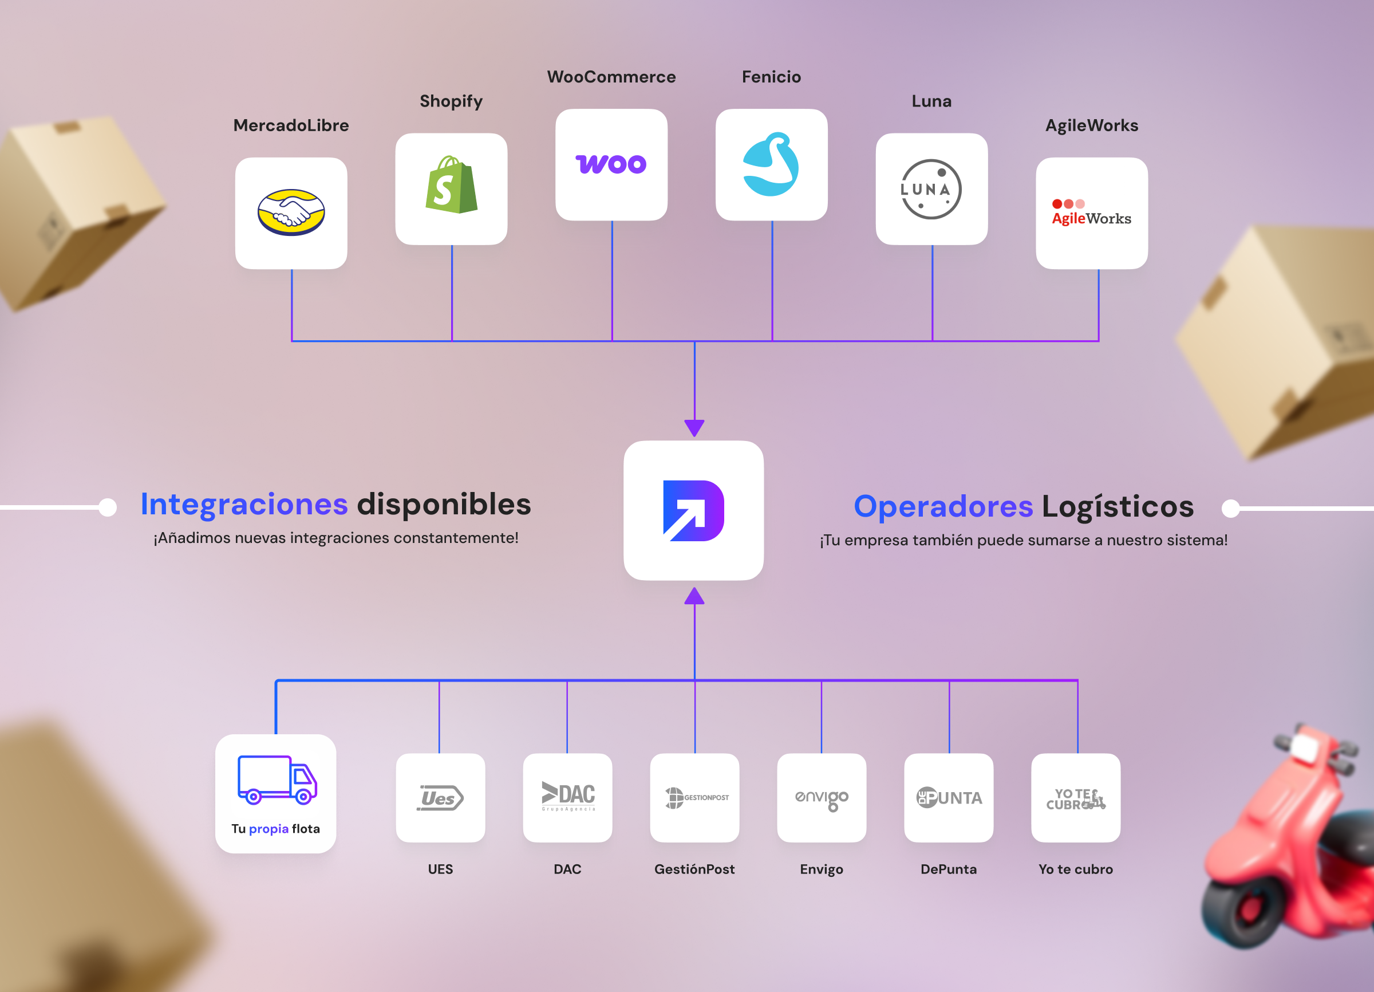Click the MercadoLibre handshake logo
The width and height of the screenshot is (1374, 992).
tap(291, 212)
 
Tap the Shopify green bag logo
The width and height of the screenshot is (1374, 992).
tap(451, 186)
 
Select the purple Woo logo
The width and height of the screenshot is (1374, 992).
tap(611, 164)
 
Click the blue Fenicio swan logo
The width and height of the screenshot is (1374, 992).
tap(771, 164)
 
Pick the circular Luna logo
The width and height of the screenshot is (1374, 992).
tap(931, 189)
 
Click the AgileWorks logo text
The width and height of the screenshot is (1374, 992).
tap(1091, 218)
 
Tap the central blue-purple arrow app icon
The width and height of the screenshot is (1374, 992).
tap(694, 510)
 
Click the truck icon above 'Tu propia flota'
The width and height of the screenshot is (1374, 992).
tap(277, 780)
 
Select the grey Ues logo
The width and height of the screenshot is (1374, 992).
tap(440, 797)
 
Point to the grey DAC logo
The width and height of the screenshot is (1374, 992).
tap(568, 795)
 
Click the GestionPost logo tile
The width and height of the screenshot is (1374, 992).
tap(695, 797)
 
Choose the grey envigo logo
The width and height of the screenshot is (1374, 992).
tap(822, 798)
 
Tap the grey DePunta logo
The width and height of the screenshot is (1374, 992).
tap(949, 797)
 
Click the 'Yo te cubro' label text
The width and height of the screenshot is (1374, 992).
tap(1075, 869)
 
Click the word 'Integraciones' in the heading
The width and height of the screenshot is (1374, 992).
tap(244, 504)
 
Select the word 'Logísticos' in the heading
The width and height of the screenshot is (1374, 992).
tap(1118, 507)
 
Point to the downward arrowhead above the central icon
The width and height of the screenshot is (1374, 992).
tap(694, 428)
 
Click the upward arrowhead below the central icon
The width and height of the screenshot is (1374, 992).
tap(694, 596)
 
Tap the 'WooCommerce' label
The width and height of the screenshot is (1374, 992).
tap(611, 77)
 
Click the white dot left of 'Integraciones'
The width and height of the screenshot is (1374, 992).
tap(108, 507)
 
